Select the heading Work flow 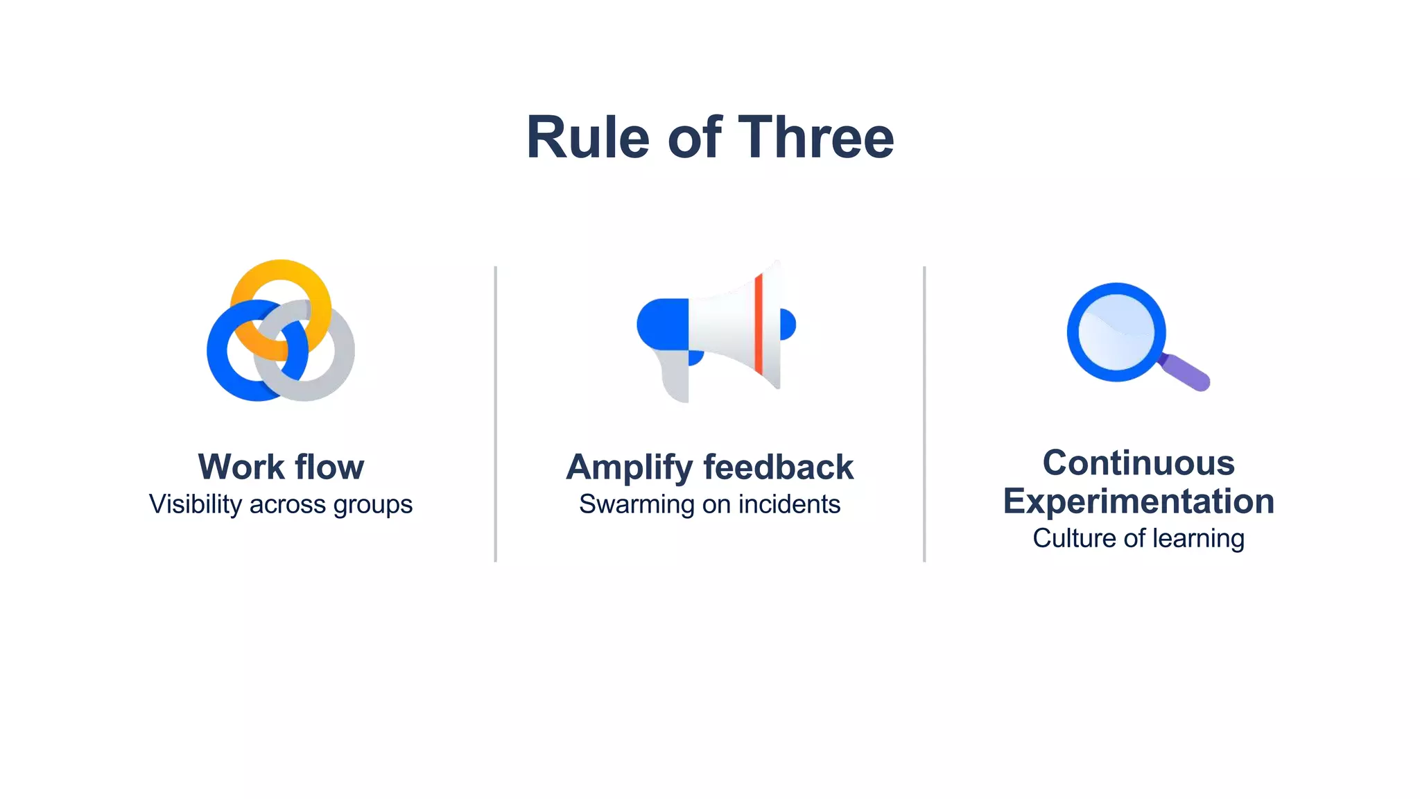click(x=281, y=467)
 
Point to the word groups click(x=372, y=506)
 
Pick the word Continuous click(x=1138, y=463)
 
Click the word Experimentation click(x=1138, y=501)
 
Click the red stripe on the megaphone click(x=759, y=323)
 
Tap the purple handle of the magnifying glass click(x=1186, y=372)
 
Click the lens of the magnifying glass click(x=1116, y=332)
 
